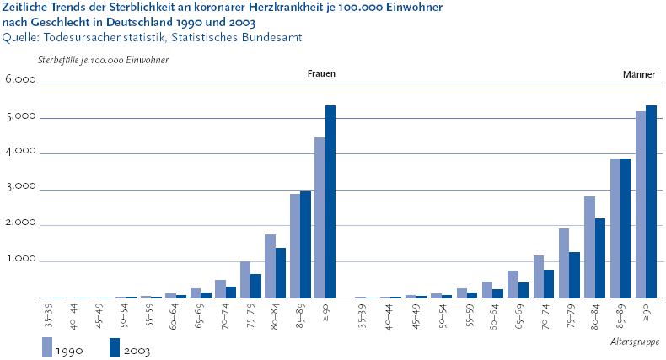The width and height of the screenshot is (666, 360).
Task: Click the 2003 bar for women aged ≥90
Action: point(330,201)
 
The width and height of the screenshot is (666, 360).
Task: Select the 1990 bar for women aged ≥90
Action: point(320,218)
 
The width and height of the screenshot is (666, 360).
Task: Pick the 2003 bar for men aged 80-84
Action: point(600,257)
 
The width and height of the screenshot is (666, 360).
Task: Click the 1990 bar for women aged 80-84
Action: point(270,266)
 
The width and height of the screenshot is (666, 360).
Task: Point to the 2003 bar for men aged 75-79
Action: point(575,274)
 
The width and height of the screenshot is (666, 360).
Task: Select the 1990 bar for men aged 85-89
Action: point(615,228)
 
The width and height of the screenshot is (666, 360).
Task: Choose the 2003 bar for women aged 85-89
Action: point(305,244)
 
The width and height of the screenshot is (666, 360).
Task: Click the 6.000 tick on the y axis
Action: point(19,81)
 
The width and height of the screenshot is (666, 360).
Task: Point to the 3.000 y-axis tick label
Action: point(19,189)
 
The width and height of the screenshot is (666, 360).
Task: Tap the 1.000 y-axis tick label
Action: point(19,261)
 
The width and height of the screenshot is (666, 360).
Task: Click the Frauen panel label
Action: point(320,74)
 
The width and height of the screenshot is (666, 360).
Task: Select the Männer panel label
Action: point(639,74)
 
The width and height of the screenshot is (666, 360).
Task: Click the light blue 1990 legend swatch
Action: point(47,347)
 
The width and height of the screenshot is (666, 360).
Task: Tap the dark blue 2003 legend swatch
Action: point(115,347)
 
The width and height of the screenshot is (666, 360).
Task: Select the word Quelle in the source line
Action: point(21,37)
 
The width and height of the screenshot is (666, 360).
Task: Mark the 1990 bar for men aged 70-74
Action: point(539,276)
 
